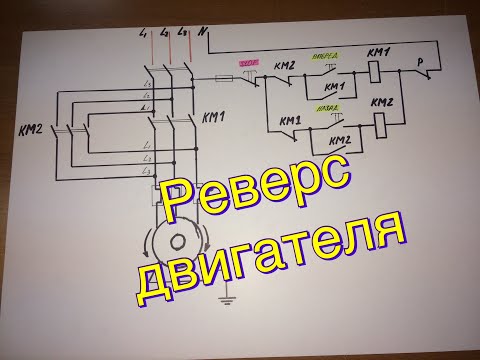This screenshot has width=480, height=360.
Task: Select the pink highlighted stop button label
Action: [x=244, y=62]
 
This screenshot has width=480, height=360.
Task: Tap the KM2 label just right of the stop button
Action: [x=283, y=66]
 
